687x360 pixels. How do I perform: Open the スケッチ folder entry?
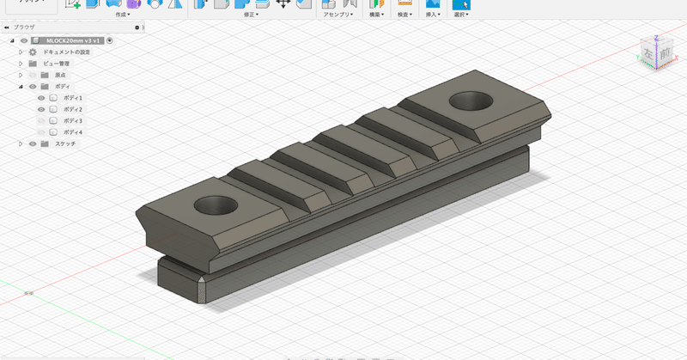[65, 143]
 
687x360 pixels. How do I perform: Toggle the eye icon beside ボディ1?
[40, 98]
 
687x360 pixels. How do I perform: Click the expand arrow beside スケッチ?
[21, 143]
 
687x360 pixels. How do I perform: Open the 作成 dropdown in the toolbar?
[123, 15]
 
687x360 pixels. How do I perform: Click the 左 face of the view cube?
[647, 54]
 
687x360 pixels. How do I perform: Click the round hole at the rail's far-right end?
[467, 101]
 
